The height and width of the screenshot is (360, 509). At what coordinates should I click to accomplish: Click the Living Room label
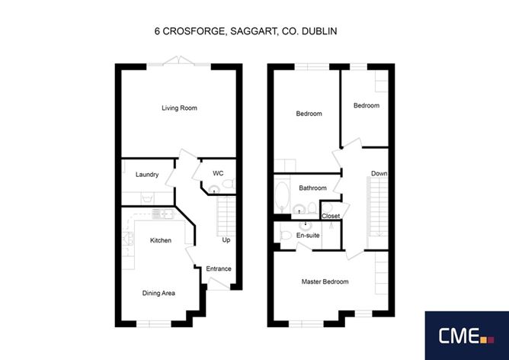[179, 108]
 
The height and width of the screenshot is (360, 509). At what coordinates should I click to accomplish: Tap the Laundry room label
[147, 175]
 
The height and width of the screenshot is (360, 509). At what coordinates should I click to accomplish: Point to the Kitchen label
[160, 241]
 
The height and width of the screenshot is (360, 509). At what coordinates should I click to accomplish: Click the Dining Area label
[158, 293]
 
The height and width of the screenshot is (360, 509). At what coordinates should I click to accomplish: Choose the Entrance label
[218, 268]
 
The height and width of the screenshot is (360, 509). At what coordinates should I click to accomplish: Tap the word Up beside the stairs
[226, 241]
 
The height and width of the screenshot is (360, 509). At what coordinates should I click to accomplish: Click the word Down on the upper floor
[379, 174]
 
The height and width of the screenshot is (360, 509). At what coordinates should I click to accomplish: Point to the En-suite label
[308, 235]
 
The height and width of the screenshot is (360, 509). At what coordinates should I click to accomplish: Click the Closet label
[331, 217]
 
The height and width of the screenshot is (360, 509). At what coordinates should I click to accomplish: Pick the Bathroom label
[312, 188]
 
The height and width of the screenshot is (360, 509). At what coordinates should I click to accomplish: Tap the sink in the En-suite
[306, 225]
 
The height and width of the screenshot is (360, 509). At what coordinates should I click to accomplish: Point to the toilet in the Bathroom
[312, 208]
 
